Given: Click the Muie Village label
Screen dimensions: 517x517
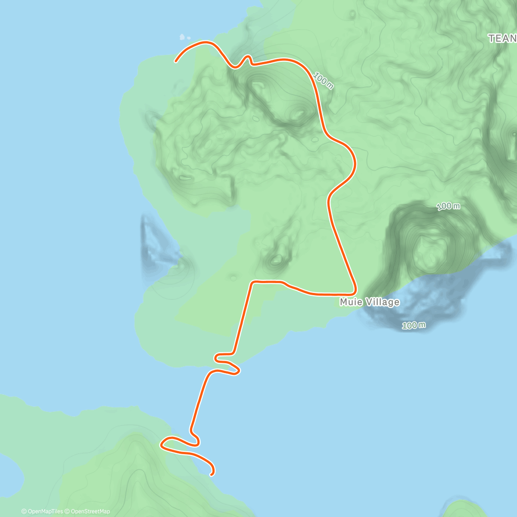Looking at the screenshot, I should (369, 302).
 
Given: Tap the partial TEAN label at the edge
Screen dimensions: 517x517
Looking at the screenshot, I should (502, 39).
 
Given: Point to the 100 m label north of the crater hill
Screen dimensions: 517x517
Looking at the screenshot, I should (448, 206).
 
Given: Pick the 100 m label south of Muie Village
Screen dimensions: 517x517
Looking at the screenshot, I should (414, 325).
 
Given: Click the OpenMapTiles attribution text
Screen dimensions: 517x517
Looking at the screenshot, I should (42, 511).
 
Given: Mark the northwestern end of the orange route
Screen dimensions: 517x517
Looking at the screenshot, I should (176, 62).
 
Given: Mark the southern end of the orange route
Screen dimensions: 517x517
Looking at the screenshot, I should (211, 475).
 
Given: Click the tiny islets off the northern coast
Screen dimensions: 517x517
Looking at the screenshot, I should (184, 37).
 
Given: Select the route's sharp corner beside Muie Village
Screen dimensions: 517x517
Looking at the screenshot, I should (354, 291).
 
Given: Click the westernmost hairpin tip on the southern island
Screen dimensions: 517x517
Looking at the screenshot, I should (162, 444).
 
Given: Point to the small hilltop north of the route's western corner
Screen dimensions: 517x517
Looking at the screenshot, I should (276, 259).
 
